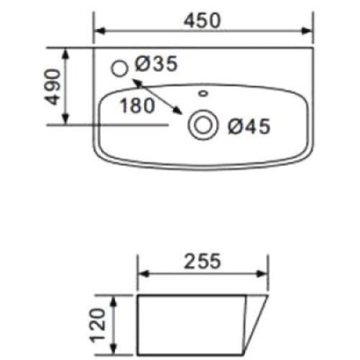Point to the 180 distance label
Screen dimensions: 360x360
click(136, 104)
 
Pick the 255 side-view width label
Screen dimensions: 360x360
click(205, 261)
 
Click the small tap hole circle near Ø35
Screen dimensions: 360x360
click(122, 69)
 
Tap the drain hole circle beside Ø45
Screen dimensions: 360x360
click(202, 124)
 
